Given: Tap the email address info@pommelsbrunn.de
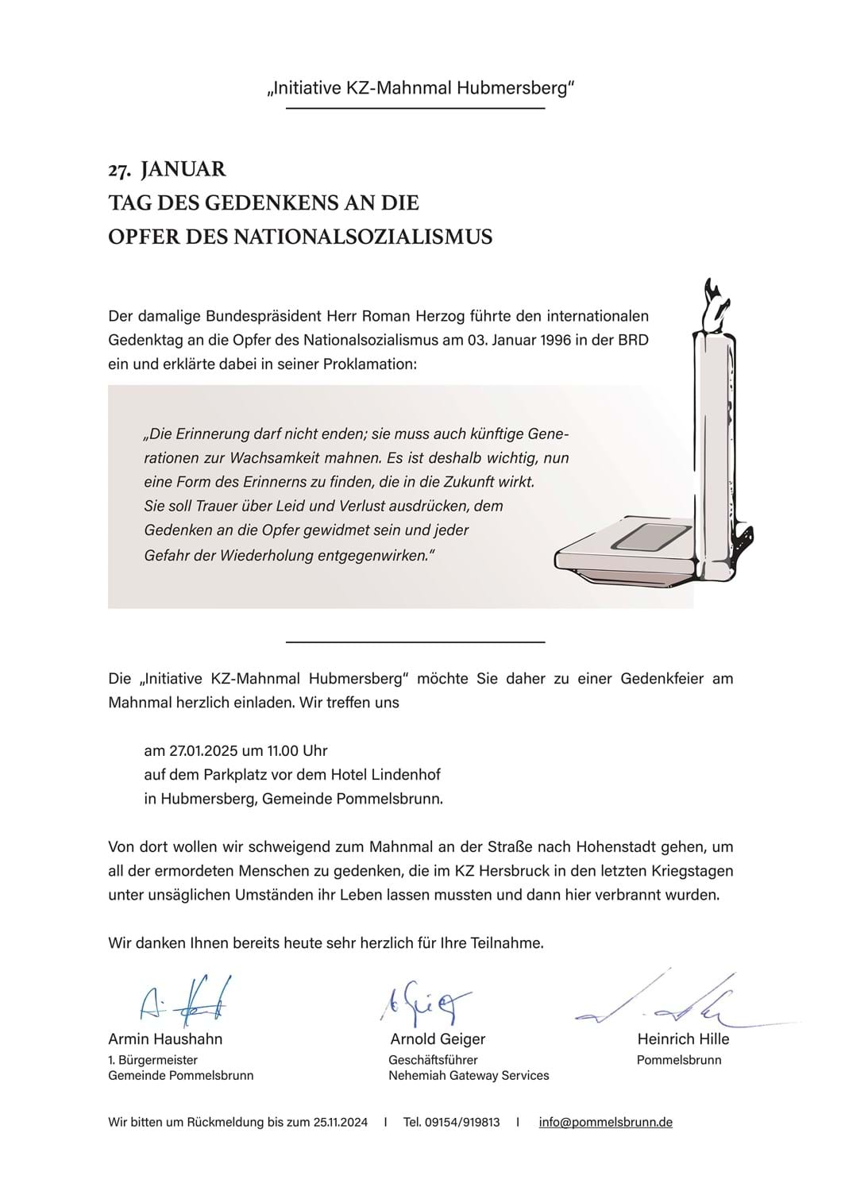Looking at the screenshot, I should point(605,1122).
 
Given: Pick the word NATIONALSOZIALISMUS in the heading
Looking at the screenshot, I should point(362,237).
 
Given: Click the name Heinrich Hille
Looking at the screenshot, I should point(683,1039).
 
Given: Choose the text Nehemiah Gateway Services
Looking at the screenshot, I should point(469,1075).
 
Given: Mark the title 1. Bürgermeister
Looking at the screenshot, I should point(152,1059).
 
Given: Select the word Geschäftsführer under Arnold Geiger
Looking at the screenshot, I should point(433,1059).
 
